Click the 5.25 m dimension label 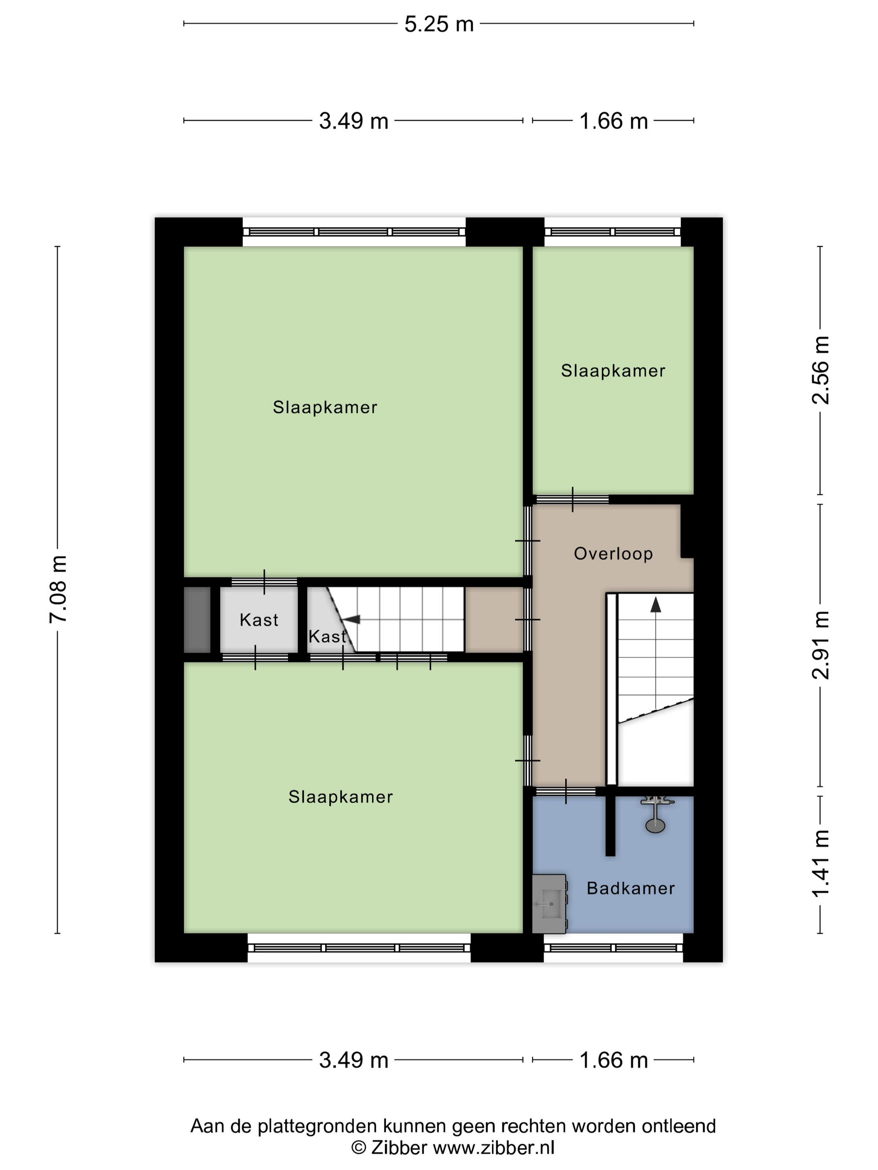pos(439,24)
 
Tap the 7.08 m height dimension pos(58,589)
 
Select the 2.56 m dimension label pos(820,370)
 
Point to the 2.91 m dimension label pos(820,645)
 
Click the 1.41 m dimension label pos(820,863)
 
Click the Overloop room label pos(613,554)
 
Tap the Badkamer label pos(631,888)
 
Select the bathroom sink pos(549,903)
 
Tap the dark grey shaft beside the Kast pos(197,619)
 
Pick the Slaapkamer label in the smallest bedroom pos(613,371)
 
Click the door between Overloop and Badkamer pos(565,791)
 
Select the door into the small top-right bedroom pos(572,499)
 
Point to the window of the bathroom pos(613,947)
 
